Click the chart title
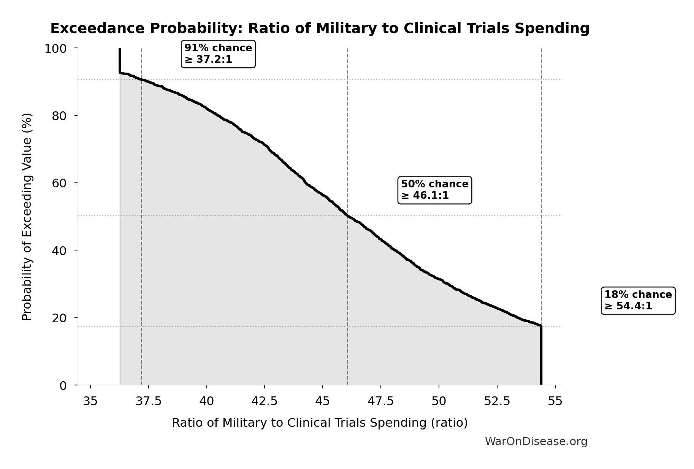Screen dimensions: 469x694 pyautogui.click(x=320, y=29)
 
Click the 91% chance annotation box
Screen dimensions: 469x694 pyautogui.click(x=218, y=54)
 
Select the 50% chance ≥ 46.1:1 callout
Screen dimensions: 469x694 pyautogui.click(x=434, y=190)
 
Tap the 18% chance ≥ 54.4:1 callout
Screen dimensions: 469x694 pyautogui.click(x=638, y=301)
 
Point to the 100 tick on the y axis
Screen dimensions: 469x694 pyautogui.click(x=55, y=49)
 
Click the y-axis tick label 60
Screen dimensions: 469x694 pyautogui.click(x=59, y=183)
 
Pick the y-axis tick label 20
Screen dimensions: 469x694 pyautogui.click(x=59, y=318)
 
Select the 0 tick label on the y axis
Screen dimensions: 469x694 pyautogui.click(x=63, y=385)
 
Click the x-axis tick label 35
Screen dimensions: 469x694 pyautogui.click(x=90, y=401)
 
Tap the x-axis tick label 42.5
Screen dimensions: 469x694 pyautogui.click(x=265, y=401)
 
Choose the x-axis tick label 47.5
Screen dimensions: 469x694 pyautogui.click(x=381, y=401)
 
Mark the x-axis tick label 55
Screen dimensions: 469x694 pyautogui.click(x=555, y=401)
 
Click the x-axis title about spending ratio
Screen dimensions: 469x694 pyautogui.click(x=320, y=423)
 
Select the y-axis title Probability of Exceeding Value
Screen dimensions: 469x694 pyautogui.click(x=27, y=217)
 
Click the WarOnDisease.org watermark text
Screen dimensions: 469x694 pyautogui.click(x=536, y=442)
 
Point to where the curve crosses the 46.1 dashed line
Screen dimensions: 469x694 pyautogui.click(x=347, y=216)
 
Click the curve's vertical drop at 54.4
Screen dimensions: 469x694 pyautogui.click(x=541, y=355)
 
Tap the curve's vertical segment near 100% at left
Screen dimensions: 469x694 pyautogui.click(x=120, y=60)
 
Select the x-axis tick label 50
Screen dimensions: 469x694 pyautogui.click(x=439, y=401)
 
